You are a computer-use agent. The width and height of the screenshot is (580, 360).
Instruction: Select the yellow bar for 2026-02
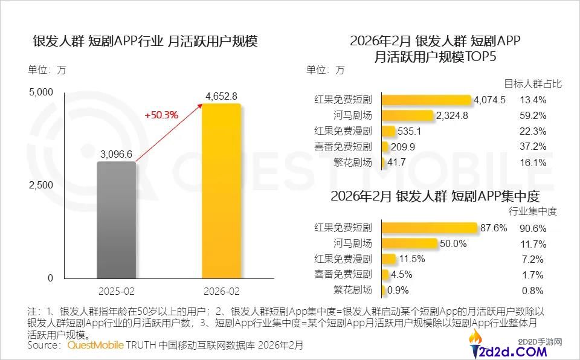[x=221, y=191]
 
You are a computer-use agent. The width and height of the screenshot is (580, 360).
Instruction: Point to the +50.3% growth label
[x=161, y=115]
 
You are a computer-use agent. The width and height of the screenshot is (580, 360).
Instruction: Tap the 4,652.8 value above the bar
[x=221, y=96]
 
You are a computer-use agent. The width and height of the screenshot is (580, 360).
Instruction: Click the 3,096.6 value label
[x=116, y=155]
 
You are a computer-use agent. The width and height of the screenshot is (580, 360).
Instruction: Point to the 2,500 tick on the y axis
[x=42, y=185]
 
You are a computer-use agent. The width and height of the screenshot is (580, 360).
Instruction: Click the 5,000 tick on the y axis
[x=42, y=92]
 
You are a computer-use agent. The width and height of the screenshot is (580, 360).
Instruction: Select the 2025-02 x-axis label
[x=116, y=291]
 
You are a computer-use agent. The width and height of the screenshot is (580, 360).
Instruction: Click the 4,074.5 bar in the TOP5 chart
[x=427, y=100]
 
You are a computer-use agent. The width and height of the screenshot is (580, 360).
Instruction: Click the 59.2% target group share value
[x=533, y=115]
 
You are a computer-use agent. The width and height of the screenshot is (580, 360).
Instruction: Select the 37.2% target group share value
[x=533, y=147]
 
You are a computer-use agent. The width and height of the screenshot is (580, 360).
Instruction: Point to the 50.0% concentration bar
[x=410, y=244]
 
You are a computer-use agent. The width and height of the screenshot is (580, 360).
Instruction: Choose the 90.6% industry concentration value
[x=533, y=228]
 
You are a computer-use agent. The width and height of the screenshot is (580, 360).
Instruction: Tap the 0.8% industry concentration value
[x=533, y=291]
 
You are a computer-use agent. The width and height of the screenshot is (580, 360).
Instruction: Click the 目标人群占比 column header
[x=533, y=84]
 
